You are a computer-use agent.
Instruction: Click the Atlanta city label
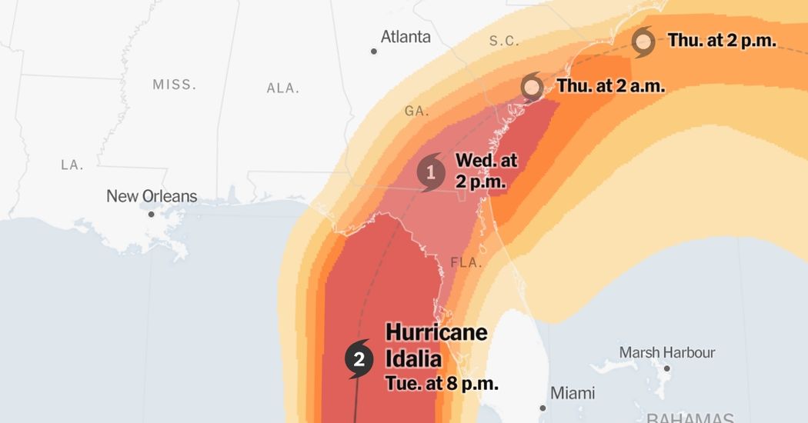[406, 37]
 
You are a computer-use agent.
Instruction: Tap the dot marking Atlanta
[374, 52]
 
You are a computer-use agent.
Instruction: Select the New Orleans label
[152, 196]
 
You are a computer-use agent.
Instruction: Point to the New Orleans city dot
[152, 214]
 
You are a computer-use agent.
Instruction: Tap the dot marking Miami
[543, 408]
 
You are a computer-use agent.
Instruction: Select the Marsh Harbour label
[667, 352]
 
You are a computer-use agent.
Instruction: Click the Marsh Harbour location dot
[667, 368]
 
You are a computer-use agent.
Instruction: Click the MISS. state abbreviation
[174, 85]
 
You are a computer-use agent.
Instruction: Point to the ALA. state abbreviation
[282, 88]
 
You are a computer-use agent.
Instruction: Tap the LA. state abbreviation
[72, 165]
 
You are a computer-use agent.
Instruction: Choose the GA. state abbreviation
[416, 111]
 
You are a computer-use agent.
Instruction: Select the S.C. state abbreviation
[505, 41]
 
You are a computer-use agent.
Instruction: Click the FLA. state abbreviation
[466, 262]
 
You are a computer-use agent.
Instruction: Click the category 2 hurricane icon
[359, 358]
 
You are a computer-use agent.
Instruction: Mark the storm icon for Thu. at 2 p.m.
[643, 42]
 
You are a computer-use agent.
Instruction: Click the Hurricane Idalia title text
[436, 345]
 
